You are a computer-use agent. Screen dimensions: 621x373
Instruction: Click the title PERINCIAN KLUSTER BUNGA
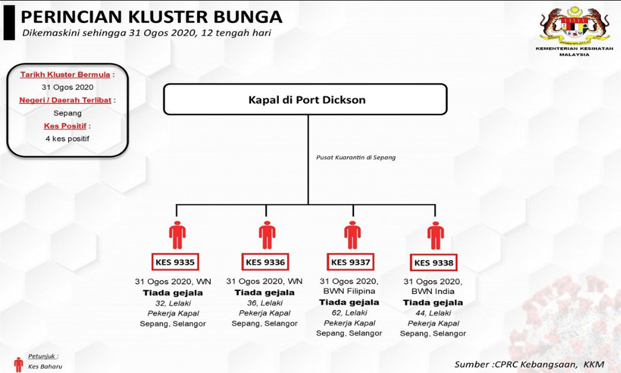[152, 17]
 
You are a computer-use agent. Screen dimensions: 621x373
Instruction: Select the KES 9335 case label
[175, 262]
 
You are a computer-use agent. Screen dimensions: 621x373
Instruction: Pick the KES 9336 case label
[265, 262]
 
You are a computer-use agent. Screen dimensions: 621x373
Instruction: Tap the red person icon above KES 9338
[435, 235]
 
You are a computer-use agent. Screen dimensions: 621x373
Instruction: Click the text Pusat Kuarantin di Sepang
[356, 157]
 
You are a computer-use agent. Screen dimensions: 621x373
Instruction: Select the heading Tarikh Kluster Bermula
[65, 75]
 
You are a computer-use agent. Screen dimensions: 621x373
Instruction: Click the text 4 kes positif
[67, 139]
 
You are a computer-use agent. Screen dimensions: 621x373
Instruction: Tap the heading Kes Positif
[65, 126]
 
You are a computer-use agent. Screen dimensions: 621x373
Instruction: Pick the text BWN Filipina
[349, 291]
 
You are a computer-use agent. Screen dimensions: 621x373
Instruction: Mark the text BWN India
[433, 292]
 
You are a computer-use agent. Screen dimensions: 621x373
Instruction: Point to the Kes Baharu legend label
[45, 367]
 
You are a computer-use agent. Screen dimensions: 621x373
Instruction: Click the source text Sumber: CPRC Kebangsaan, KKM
[529, 364]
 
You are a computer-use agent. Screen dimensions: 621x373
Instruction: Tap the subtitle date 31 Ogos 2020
[163, 33]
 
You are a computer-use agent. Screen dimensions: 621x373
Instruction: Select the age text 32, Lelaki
[173, 303]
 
